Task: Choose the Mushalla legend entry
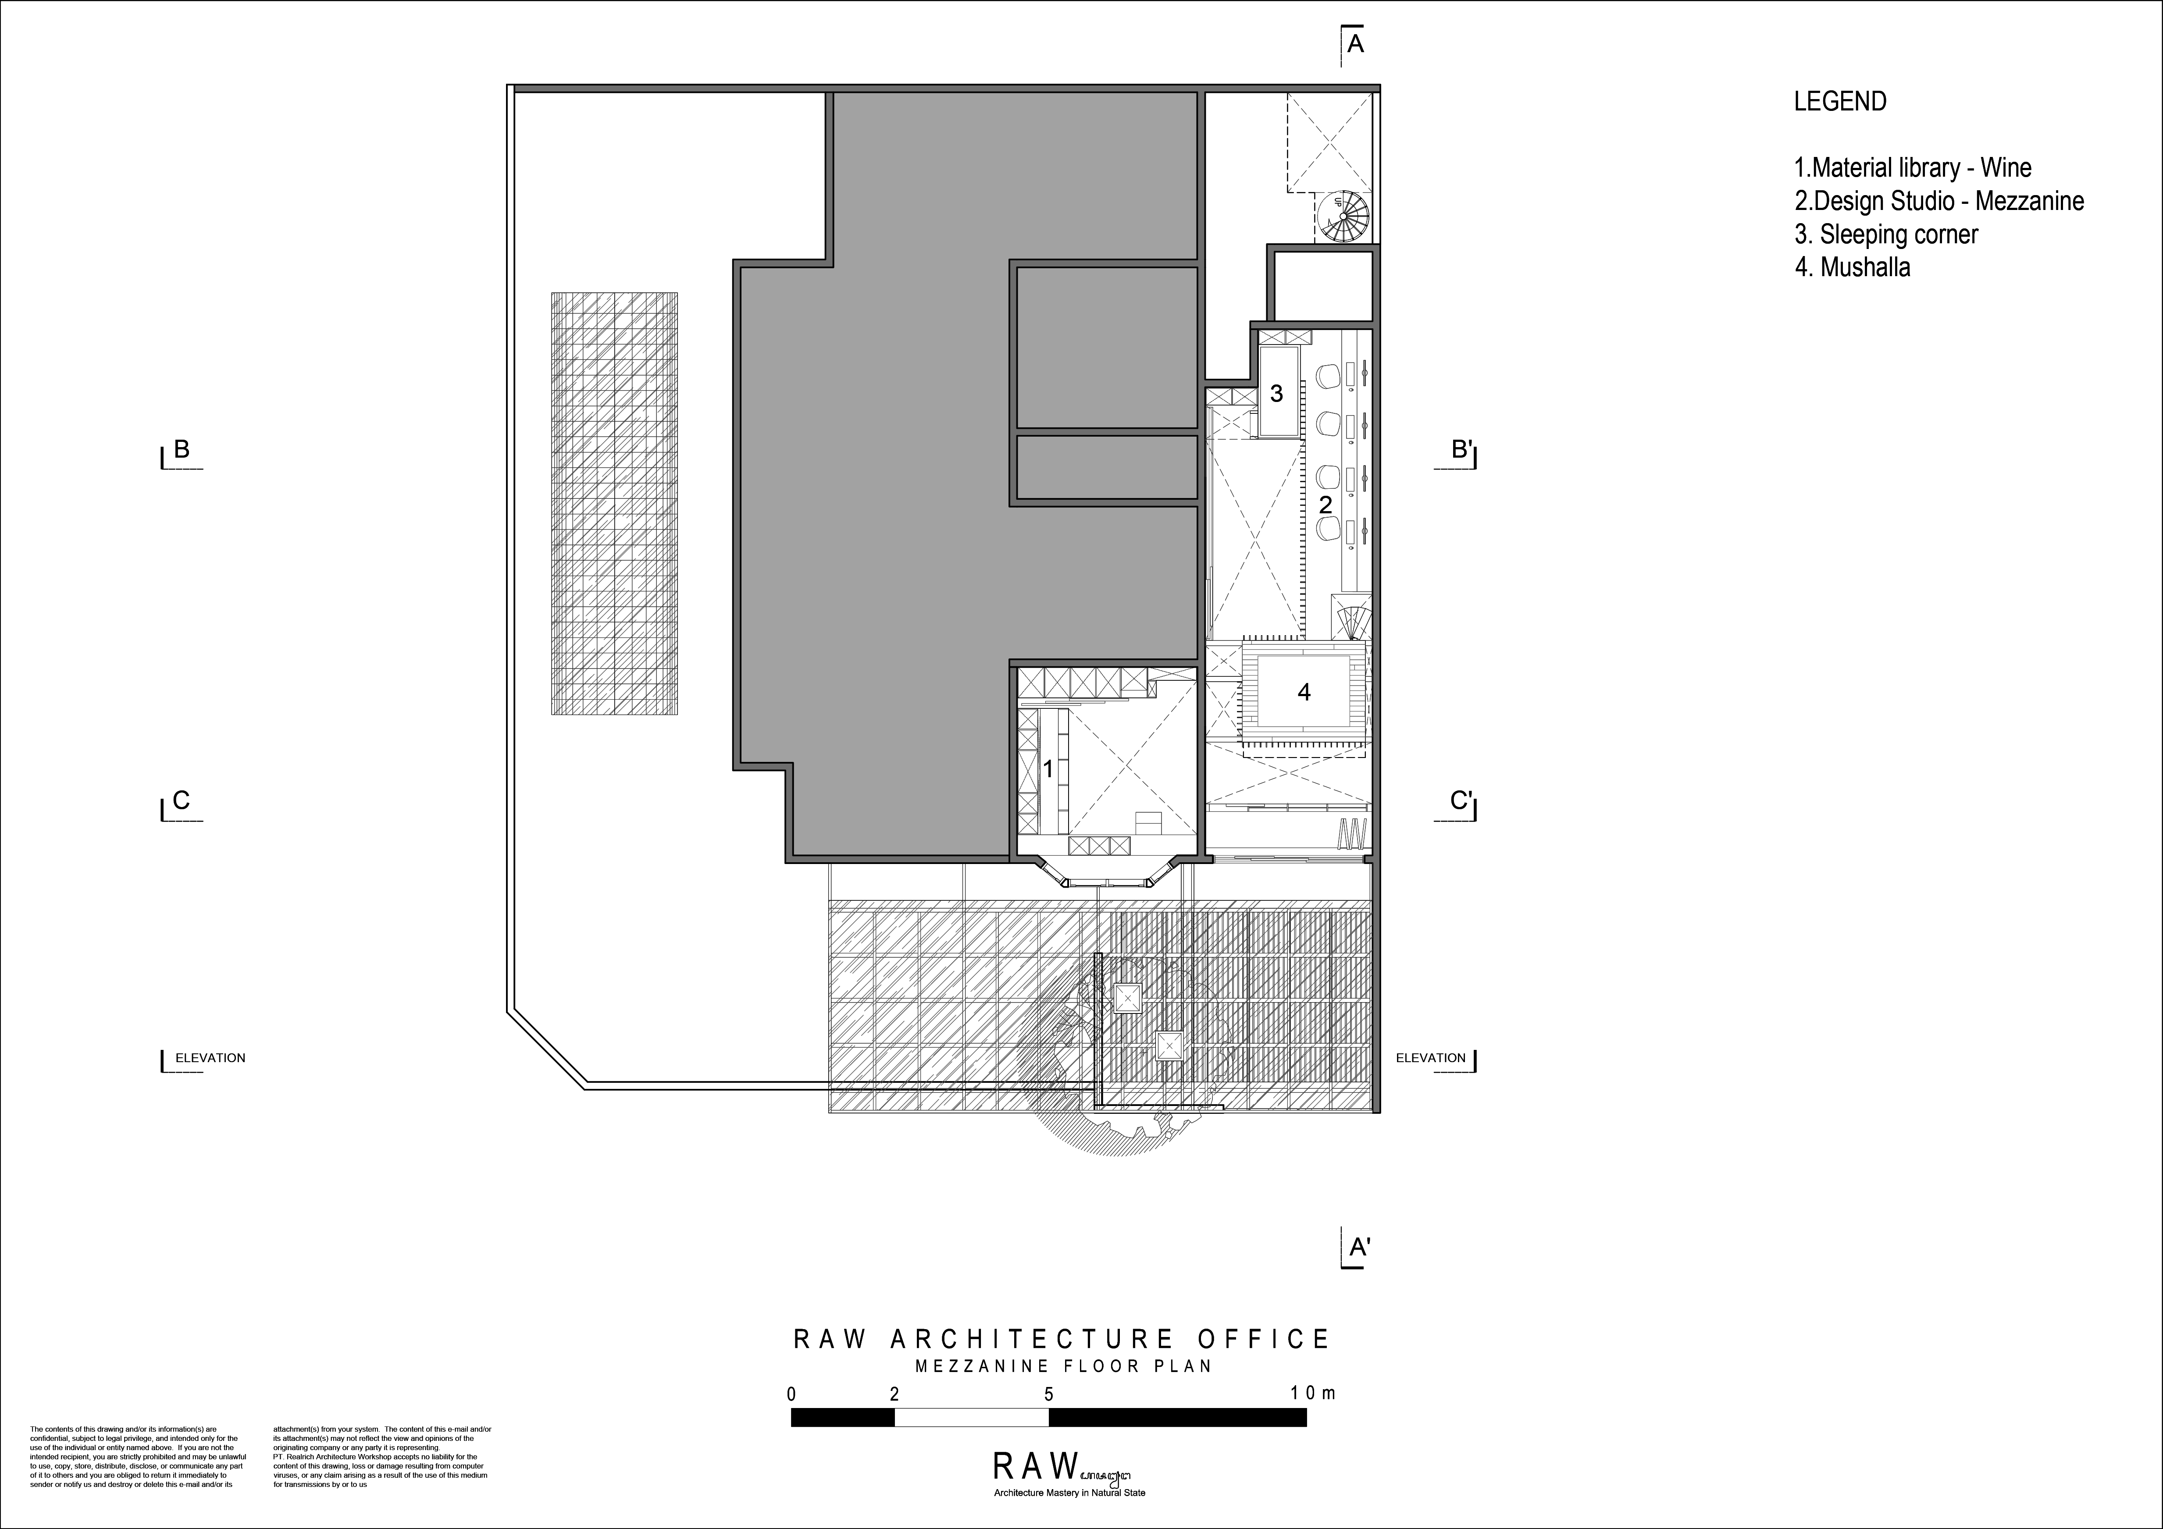pos(1852,267)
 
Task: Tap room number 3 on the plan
pos(1276,394)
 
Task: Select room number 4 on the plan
pos(1304,693)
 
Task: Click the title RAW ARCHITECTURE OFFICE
pos(1062,1339)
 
